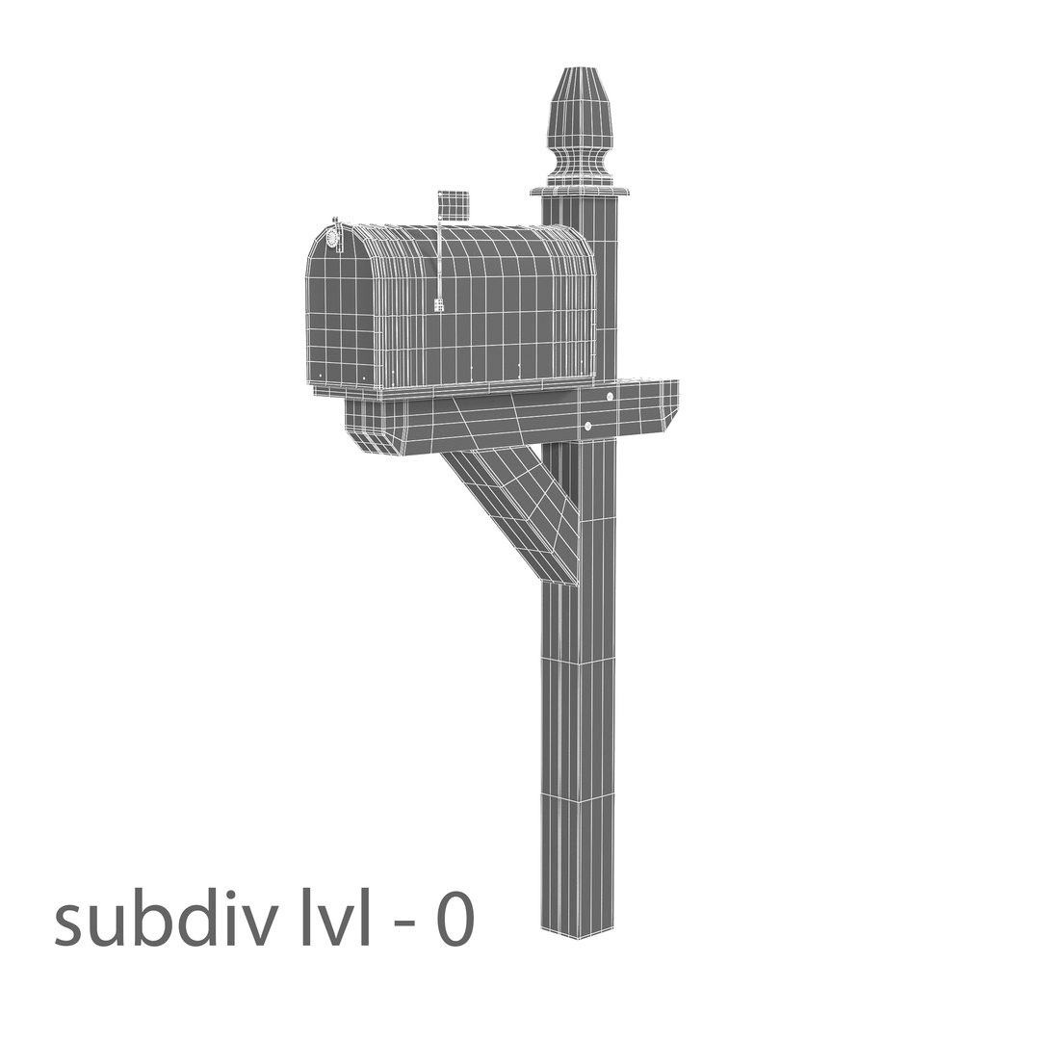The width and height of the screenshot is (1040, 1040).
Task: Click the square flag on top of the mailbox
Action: click(454, 205)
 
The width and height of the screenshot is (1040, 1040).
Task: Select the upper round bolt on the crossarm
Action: click(610, 397)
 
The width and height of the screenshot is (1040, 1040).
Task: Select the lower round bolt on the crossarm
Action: click(587, 426)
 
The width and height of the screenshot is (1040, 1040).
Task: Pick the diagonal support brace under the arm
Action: click(515, 510)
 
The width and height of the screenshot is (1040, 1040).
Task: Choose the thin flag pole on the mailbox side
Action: click(440, 260)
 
